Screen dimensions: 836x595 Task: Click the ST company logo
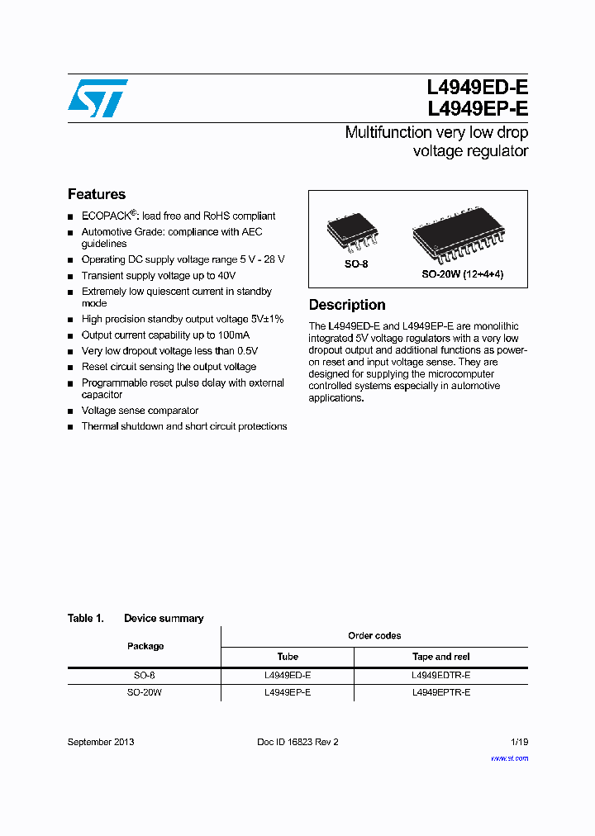click(98, 97)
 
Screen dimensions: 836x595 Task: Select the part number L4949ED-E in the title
click(477, 88)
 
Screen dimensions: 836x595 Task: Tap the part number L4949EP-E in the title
click(477, 108)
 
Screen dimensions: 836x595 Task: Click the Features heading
click(97, 194)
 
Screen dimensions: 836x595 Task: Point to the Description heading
click(347, 305)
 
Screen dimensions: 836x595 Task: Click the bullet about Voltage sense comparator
click(140, 411)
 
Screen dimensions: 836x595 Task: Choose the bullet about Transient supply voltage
click(159, 276)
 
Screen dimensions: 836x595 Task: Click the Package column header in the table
click(145, 646)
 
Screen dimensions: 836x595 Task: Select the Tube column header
click(288, 657)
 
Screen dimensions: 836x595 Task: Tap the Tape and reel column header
click(440, 657)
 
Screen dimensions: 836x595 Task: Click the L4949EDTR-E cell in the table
click(440, 675)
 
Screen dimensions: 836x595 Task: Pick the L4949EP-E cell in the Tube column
click(288, 692)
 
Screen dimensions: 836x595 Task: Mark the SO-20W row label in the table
click(145, 692)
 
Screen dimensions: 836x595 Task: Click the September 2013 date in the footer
click(101, 742)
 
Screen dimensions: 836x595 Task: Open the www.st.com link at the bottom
click(509, 758)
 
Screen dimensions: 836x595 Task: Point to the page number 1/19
click(519, 742)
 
